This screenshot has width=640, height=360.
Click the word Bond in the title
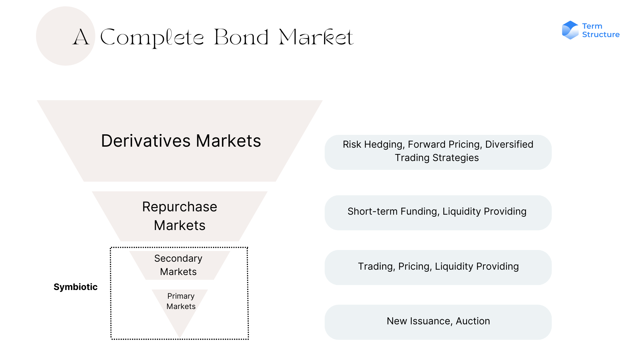click(x=241, y=37)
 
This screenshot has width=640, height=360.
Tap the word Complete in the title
click(x=152, y=38)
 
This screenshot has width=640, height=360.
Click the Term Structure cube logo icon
click(x=570, y=30)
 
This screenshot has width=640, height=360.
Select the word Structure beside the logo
click(x=601, y=35)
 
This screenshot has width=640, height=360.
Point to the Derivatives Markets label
click(x=181, y=141)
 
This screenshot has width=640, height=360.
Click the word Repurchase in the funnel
click(x=180, y=207)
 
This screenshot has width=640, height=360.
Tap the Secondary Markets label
click(x=178, y=265)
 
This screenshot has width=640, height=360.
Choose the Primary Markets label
click(x=181, y=301)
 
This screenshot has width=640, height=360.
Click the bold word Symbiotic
click(x=75, y=287)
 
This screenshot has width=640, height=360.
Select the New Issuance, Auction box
click(x=438, y=322)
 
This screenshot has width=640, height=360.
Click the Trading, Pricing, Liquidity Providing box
click(x=438, y=267)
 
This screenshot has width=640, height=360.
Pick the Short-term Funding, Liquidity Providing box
click(x=438, y=213)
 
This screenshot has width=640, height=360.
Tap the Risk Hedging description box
click(x=438, y=152)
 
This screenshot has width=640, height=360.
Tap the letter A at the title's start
click(x=81, y=37)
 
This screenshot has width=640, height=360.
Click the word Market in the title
click(x=316, y=37)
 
